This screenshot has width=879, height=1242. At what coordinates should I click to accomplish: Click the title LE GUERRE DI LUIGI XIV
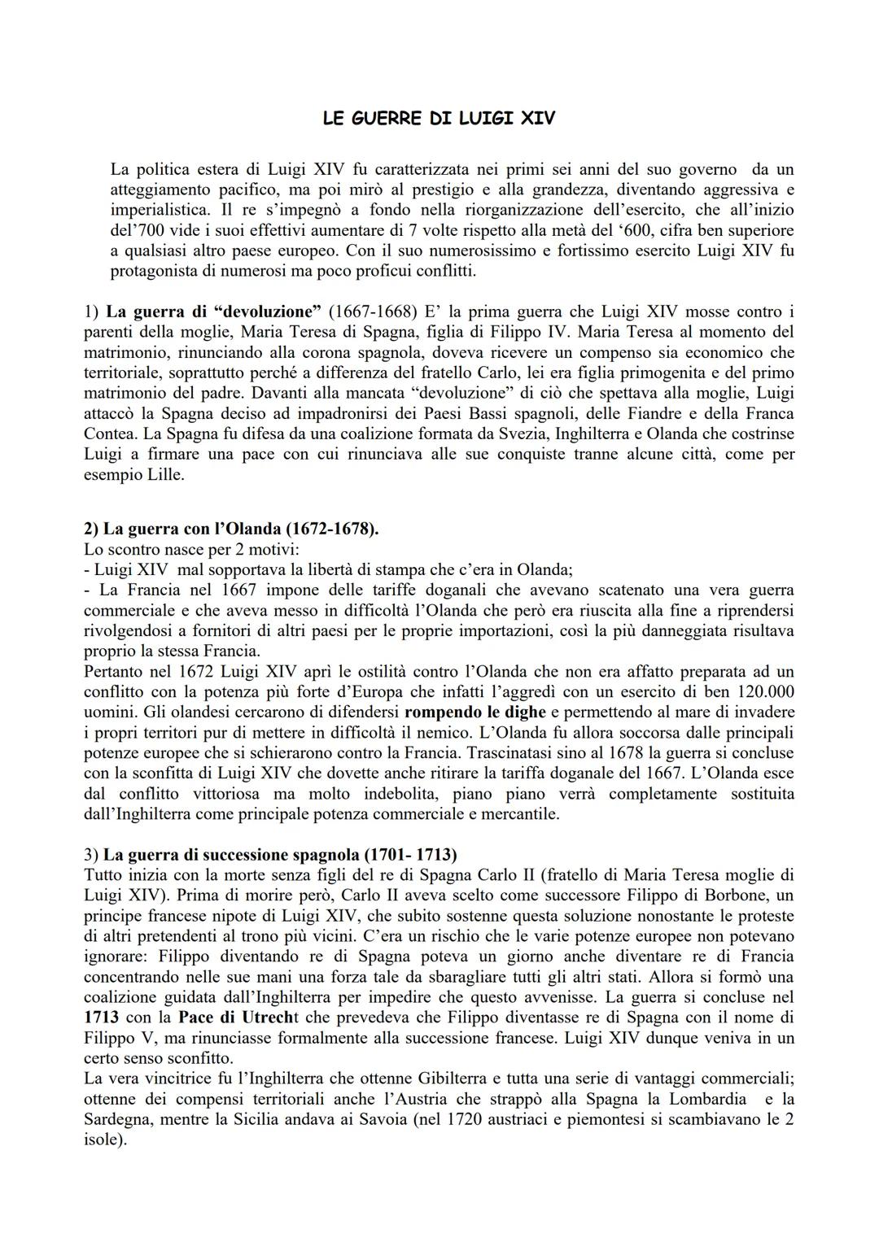click(439, 119)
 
